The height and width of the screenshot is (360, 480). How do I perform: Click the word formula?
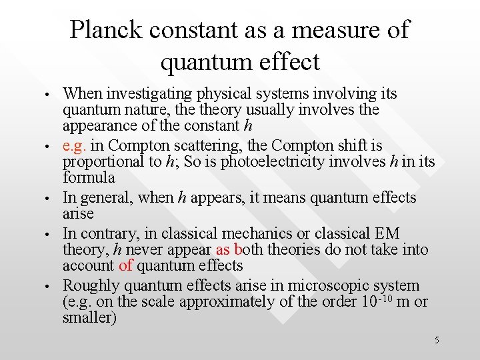pos(89,178)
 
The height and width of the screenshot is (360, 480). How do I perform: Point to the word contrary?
pos(111,233)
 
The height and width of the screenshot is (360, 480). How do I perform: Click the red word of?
pos(126,266)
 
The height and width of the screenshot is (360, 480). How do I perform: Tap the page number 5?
pos(437,341)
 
